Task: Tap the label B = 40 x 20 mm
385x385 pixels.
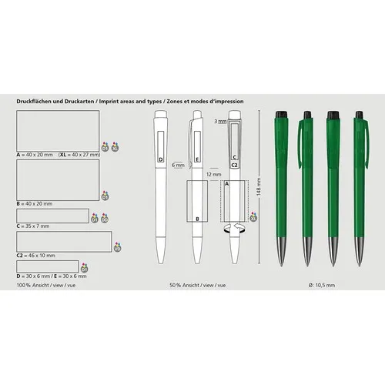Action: point(35,203)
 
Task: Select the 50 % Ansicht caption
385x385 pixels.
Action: point(196,285)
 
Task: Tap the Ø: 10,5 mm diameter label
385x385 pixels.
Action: point(321,285)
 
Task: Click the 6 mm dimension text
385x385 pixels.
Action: point(178,165)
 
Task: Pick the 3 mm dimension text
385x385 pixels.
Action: point(220,122)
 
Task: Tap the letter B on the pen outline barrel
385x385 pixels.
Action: point(197,219)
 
